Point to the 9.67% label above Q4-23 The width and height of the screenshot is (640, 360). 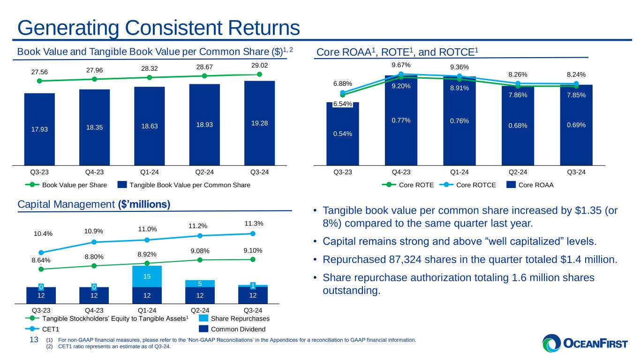pos(401,65)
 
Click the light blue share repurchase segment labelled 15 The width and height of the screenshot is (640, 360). pos(147,277)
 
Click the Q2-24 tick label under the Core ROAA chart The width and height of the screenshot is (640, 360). pos(518,172)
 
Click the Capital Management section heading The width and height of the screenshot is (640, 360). pos(93,205)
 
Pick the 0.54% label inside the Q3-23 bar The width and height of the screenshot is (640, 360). pos(343,134)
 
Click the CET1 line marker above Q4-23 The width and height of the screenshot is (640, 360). pos(94,242)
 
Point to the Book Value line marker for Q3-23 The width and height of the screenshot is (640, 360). pos(39,81)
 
